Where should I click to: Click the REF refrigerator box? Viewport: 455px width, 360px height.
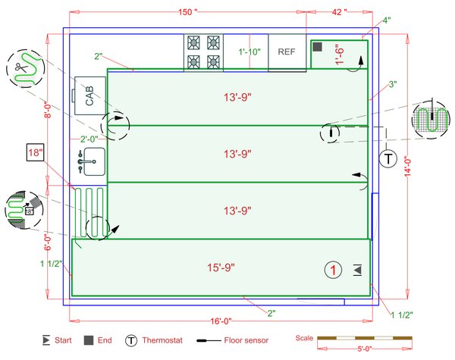click(287, 52)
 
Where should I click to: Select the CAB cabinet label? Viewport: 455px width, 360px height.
click(89, 95)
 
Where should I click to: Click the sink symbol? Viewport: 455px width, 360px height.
click(90, 161)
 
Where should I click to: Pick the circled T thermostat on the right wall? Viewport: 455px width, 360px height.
click(388, 159)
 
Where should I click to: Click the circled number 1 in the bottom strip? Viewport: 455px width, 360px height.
click(331, 269)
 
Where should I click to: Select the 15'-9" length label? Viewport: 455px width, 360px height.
click(221, 268)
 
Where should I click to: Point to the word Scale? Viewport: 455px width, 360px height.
click(303, 337)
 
